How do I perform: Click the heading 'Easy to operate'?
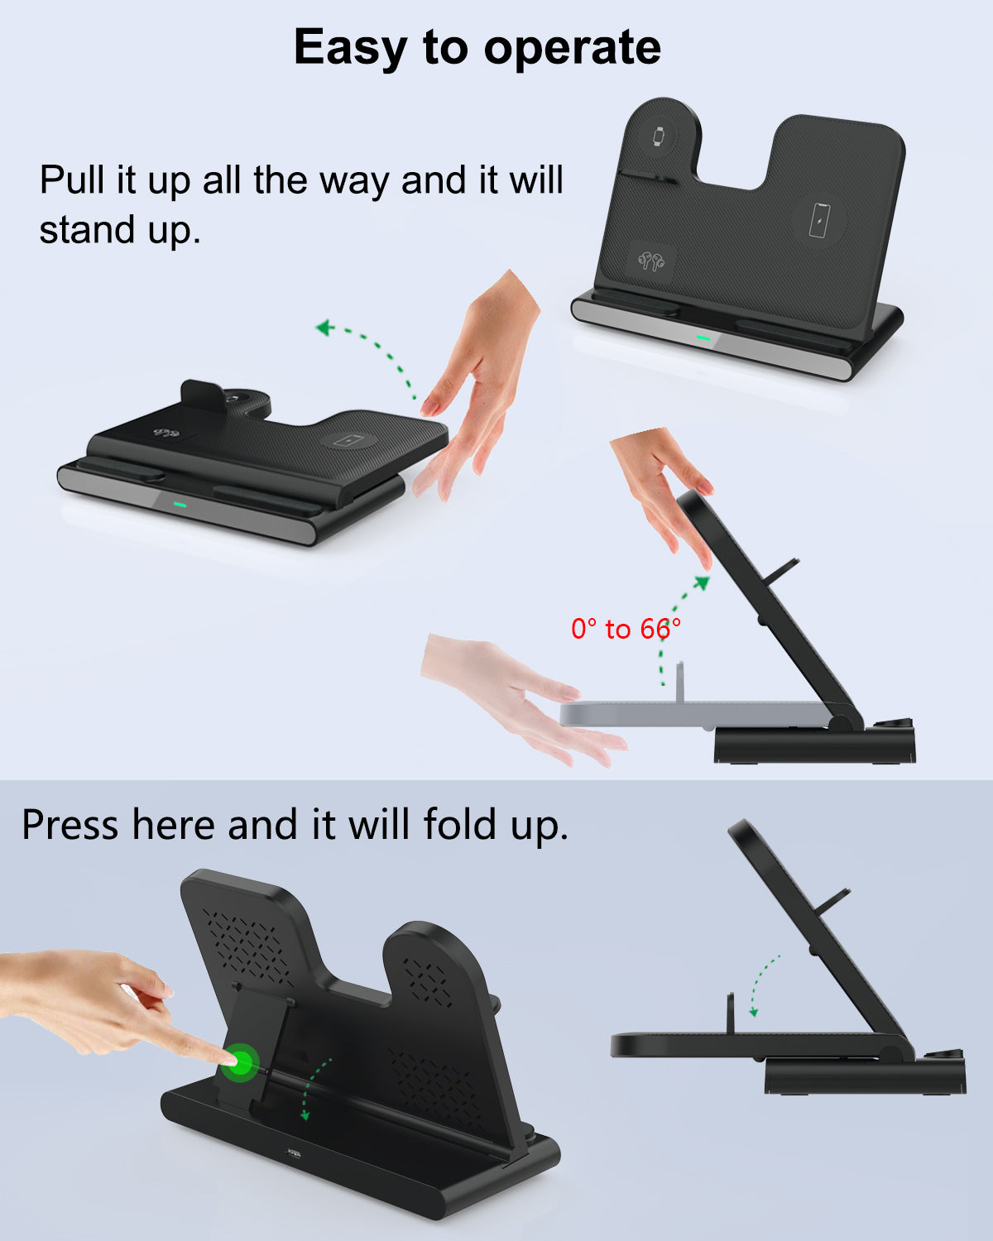477,48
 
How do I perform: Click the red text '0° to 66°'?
626,629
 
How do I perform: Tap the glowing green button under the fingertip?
239,1062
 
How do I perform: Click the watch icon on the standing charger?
659,137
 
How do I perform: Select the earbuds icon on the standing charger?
651,261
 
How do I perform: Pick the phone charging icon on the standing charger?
819,220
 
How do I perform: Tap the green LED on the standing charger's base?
703,338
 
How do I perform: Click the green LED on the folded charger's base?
180,504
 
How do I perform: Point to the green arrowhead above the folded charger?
325,328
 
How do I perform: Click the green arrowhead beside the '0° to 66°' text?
702,583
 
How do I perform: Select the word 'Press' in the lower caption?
70,825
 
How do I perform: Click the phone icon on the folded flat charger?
348,441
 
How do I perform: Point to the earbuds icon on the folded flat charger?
166,433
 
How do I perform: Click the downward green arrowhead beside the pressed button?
305,1115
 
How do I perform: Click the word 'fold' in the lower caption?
460,824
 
